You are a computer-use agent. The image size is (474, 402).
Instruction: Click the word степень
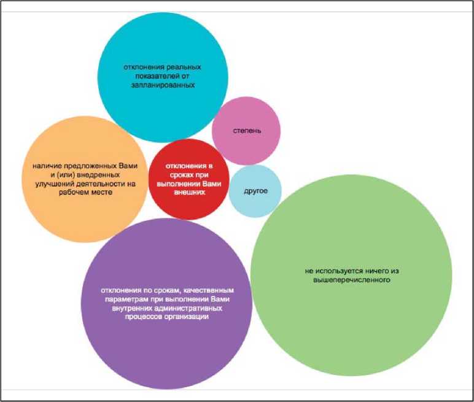247,131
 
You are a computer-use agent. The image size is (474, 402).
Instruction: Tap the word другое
255,190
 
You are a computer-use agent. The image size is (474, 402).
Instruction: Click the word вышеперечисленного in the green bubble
348,280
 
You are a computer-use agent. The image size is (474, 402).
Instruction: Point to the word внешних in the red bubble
188,192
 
